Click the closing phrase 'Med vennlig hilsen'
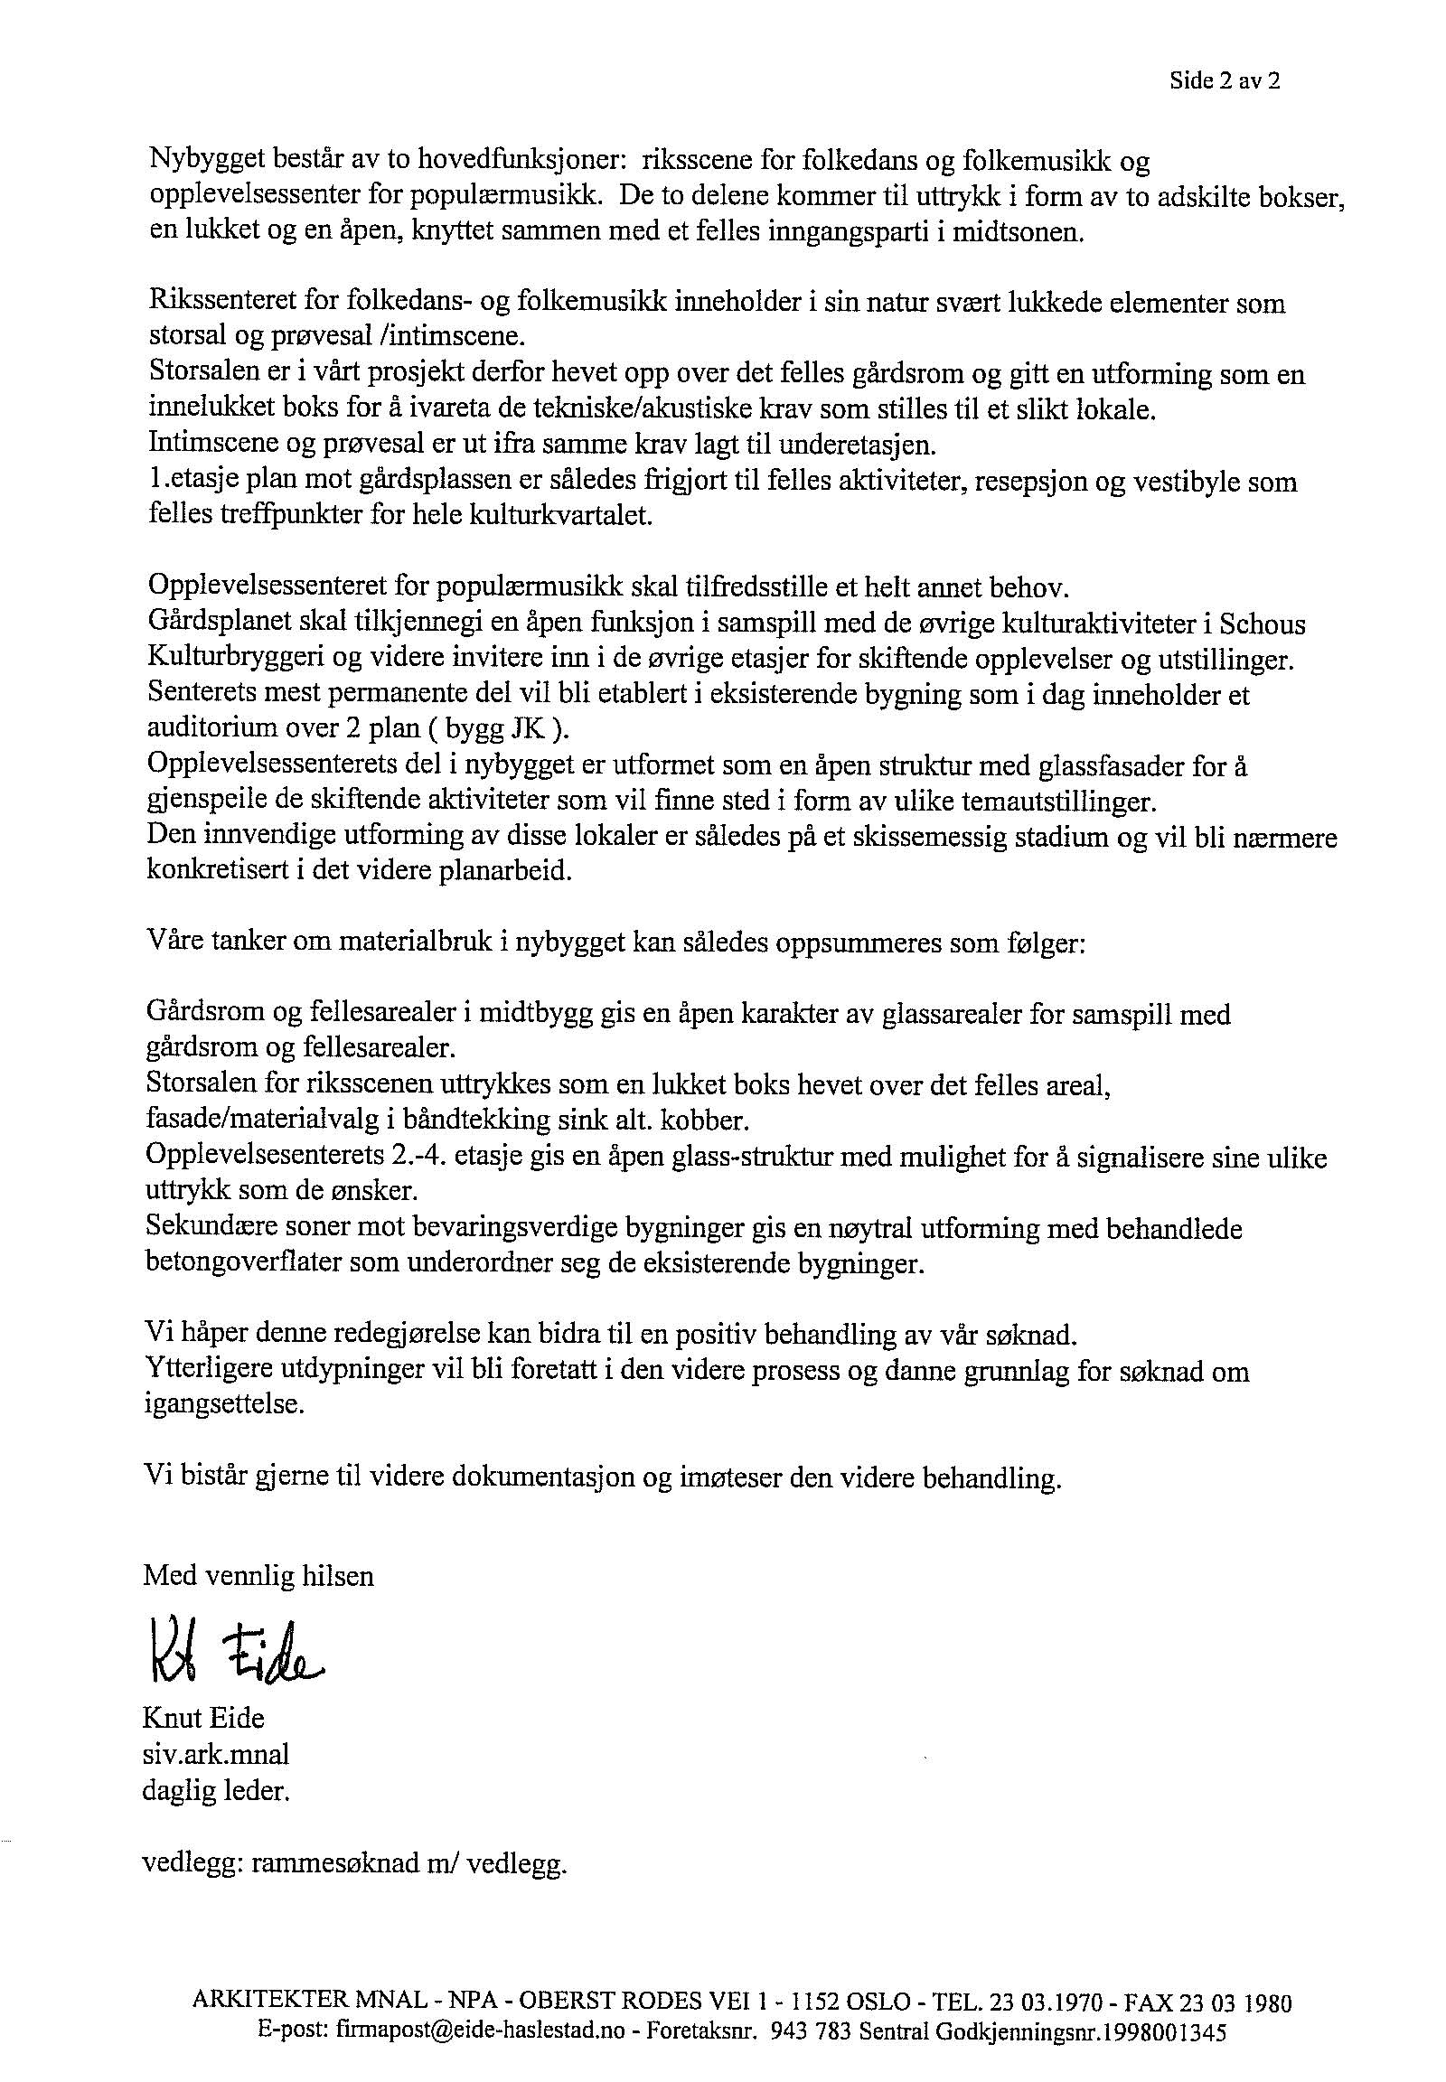click(x=258, y=1576)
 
